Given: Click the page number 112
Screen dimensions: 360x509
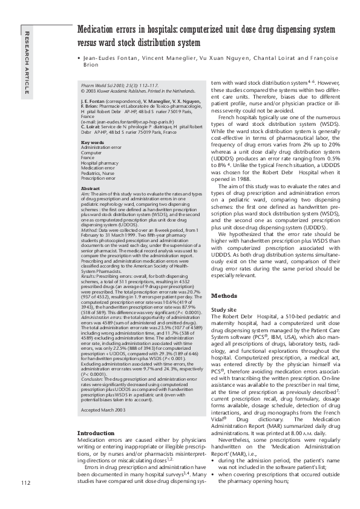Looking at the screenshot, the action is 25,482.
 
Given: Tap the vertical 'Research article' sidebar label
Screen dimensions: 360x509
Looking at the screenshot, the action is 25,61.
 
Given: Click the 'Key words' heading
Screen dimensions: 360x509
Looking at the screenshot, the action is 93,142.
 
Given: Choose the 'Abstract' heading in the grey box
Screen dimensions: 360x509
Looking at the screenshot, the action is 91,188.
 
